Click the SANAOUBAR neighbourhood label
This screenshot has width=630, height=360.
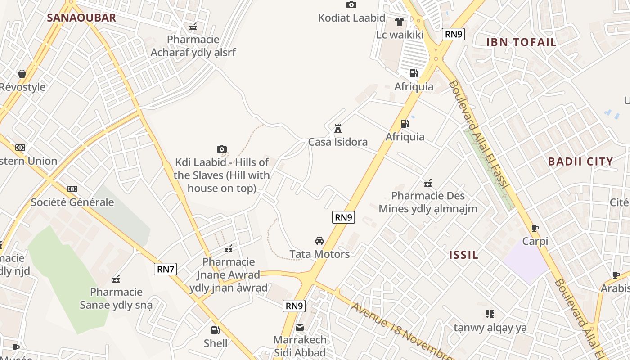click(81, 18)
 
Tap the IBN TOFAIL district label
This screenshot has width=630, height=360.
click(522, 42)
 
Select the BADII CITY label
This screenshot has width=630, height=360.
click(580, 162)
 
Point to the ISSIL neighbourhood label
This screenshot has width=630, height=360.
click(463, 255)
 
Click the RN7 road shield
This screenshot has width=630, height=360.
click(166, 269)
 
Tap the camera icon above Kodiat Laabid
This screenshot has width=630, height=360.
click(351, 5)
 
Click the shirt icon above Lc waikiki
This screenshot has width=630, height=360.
click(399, 21)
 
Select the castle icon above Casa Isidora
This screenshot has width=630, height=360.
click(337, 129)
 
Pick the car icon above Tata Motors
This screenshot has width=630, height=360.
click(319, 241)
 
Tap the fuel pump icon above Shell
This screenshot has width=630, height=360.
click(216, 330)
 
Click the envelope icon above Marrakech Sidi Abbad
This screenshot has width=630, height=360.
click(300, 327)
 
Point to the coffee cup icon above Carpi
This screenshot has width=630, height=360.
click(535, 229)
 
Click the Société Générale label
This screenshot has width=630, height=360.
click(72, 202)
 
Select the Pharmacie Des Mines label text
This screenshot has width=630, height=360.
click(428, 202)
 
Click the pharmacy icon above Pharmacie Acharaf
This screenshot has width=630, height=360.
click(193, 27)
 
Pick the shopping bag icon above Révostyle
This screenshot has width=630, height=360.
click(22, 74)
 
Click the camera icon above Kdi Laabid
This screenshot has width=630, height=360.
click(221, 149)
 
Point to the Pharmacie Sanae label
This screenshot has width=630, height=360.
click(116, 298)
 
